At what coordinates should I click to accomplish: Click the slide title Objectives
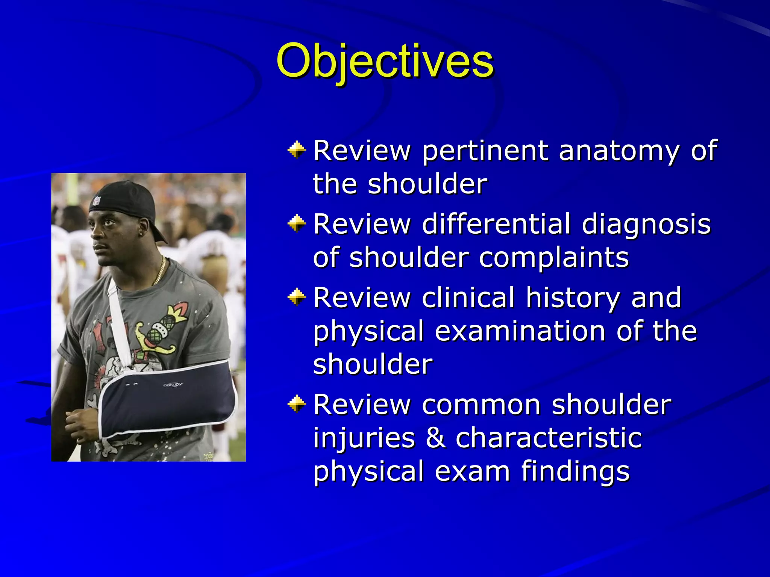(385, 61)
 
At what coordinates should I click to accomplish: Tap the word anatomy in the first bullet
(619, 151)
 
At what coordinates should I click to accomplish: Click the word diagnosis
(646, 224)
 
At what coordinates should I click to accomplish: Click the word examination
(520, 331)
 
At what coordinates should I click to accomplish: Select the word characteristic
(549, 438)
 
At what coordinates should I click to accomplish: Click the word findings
(575, 471)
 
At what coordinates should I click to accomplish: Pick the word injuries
(364, 438)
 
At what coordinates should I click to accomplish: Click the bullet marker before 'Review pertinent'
(297, 150)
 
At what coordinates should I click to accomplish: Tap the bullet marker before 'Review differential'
(297, 224)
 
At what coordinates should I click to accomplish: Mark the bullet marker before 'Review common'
(297, 404)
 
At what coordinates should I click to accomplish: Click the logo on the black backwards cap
(97, 201)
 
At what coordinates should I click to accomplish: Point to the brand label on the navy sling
(173, 385)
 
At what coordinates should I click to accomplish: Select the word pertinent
(485, 151)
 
